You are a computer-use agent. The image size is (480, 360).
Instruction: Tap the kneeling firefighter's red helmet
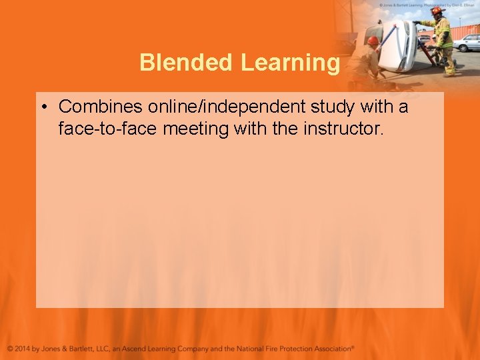pyautogui.click(x=373, y=41)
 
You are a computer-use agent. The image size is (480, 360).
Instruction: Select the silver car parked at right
pyautogui.click(x=467, y=43)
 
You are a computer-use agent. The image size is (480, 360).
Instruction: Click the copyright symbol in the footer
pyautogui.click(x=10, y=349)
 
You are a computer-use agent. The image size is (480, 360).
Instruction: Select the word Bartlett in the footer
pyautogui.click(x=90, y=349)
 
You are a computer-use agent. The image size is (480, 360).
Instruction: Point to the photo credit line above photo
pyautogui.click(x=427, y=4)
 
